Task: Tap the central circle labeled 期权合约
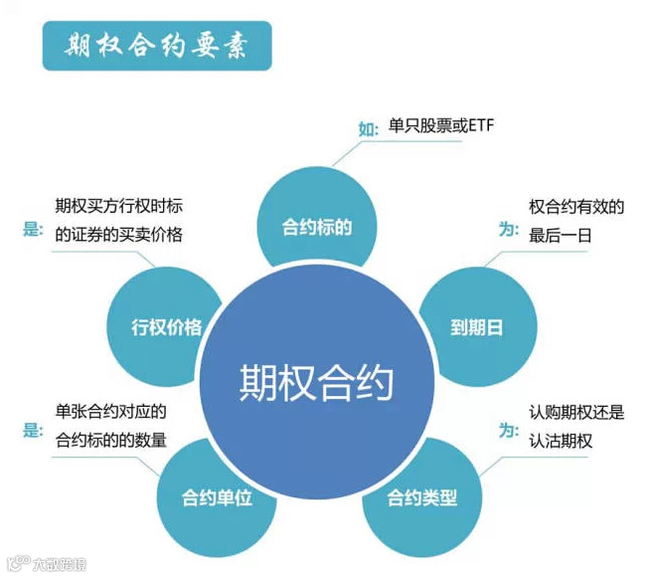click(316, 382)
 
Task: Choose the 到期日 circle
click(476, 326)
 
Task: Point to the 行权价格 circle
click(166, 326)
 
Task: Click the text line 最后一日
click(561, 237)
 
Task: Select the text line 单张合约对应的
click(111, 411)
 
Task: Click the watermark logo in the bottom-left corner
click(46, 564)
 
